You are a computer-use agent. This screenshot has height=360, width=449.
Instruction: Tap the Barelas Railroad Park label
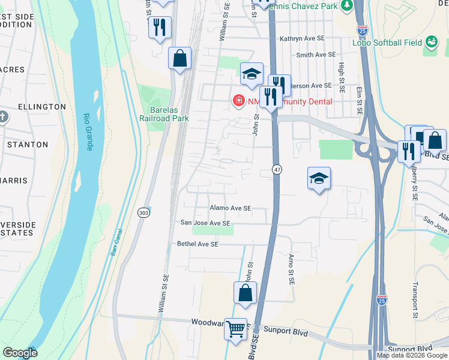point(164,114)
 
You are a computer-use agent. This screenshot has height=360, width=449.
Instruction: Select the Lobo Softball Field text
point(388,43)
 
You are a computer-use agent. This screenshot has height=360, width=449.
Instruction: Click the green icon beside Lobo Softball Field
point(430,41)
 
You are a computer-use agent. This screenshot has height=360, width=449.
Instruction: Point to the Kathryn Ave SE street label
point(302,38)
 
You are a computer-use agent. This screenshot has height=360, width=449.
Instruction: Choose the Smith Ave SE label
point(316,55)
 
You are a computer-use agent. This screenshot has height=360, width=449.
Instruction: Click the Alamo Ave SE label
point(230,208)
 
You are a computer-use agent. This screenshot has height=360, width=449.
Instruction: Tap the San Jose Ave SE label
point(206,223)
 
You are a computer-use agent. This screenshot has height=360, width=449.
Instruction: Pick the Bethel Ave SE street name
point(197,244)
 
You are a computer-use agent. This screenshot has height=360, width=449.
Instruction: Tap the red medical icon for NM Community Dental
point(238,100)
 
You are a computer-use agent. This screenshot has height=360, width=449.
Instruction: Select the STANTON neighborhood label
point(28,145)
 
